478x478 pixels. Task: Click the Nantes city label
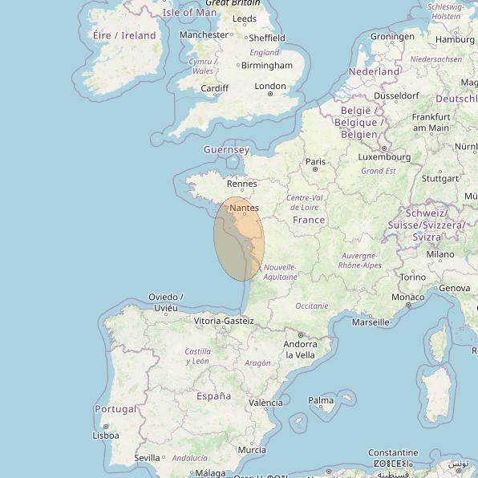click(x=244, y=209)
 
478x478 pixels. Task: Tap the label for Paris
click(x=316, y=162)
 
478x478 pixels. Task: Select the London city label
click(x=270, y=87)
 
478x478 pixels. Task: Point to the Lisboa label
click(x=106, y=435)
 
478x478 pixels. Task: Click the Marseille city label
click(x=371, y=322)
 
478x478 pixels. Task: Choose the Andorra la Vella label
click(x=300, y=350)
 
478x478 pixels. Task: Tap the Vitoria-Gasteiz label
click(x=224, y=321)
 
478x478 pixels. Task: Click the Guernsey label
click(x=227, y=150)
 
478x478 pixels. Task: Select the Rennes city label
click(x=242, y=184)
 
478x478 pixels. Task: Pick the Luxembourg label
click(x=385, y=157)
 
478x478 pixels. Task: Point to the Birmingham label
click(x=266, y=66)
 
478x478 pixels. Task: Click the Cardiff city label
click(x=215, y=88)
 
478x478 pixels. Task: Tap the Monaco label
click(x=407, y=298)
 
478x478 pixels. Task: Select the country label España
click(x=213, y=396)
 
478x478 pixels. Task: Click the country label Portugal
click(x=115, y=409)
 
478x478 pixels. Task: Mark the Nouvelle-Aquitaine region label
click(x=280, y=272)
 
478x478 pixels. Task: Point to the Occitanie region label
click(x=312, y=306)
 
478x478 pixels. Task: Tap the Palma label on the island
click(x=321, y=400)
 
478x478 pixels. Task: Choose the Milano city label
click(x=440, y=254)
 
